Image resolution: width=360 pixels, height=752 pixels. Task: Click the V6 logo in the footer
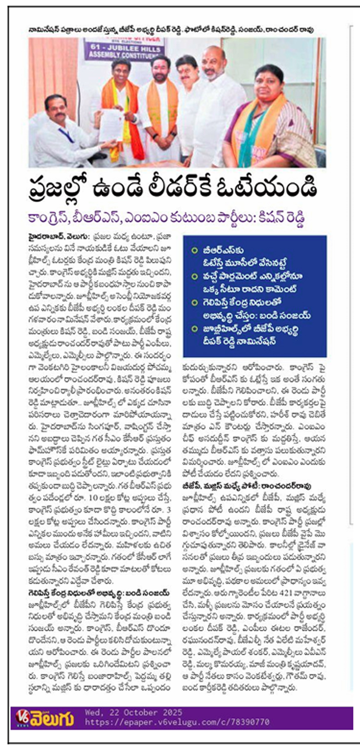(x=23, y=717)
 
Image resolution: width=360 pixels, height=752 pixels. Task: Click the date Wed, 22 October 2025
(x=133, y=712)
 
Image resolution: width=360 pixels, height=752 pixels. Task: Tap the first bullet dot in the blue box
(x=195, y=250)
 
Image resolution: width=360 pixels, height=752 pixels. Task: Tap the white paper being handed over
(x=111, y=124)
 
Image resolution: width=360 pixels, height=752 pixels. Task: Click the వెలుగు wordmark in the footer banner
(x=53, y=718)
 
